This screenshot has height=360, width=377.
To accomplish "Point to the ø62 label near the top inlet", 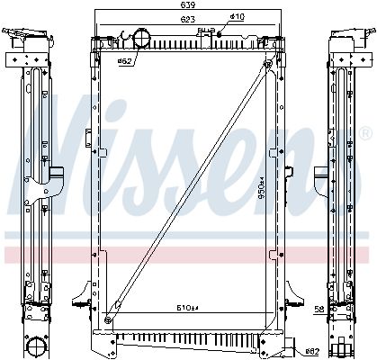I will (x=126, y=62).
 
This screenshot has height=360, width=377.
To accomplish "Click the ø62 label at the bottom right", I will (x=311, y=351).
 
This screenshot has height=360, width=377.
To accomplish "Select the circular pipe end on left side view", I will (x=35, y=346).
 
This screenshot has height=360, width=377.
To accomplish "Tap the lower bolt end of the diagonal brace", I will (x=109, y=318).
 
